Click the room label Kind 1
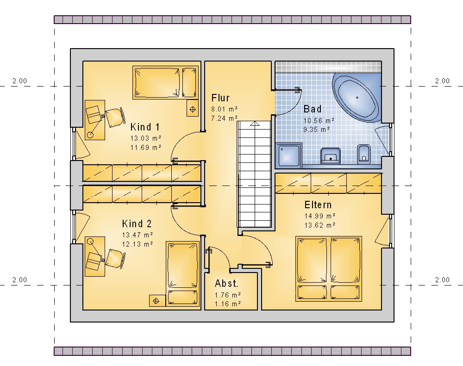(145, 127)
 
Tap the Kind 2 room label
(137, 224)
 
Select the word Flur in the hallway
(220, 98)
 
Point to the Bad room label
(313, 109)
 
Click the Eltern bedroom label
(318, 205)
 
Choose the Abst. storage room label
(226, 284)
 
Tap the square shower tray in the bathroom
(289, 155)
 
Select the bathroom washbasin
(331, 156)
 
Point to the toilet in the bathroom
(364, 154)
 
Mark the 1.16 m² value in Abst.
(228, 304)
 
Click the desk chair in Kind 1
(114, 117)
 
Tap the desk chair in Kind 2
(115, 259)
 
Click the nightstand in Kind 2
(157, 301)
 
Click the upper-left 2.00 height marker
(19, 81)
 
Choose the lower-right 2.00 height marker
(442, 279)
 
